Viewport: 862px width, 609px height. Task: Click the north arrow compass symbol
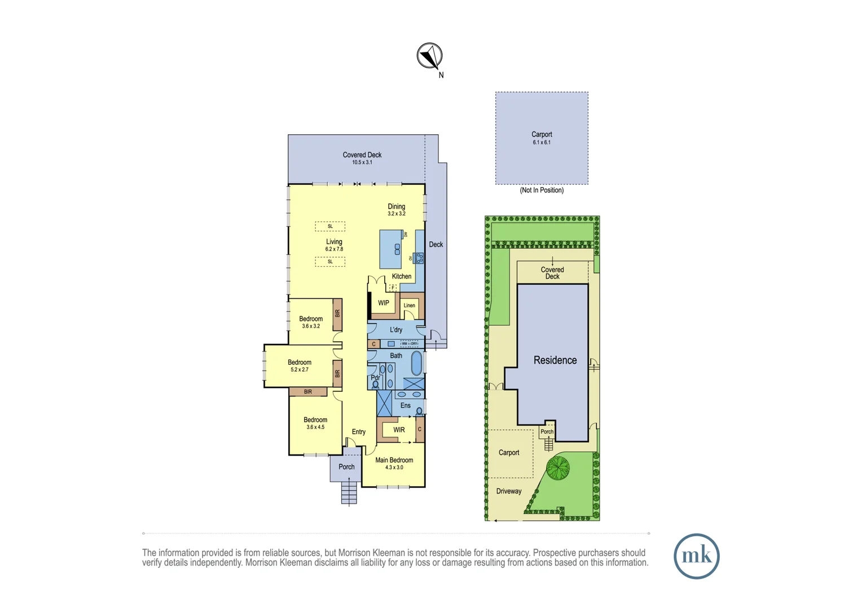tap(430, 56)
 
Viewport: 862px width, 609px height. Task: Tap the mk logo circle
tap(696, 556)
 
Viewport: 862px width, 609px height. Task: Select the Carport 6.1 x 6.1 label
tap(542, 138)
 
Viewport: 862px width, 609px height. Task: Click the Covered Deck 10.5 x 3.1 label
tap(362, 158)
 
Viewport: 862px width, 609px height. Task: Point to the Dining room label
tap(396, 209)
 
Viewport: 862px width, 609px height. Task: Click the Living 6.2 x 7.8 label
tap(334, 245)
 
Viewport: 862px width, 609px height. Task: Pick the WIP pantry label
tap(384, 303)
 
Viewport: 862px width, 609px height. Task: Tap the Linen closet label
tap(410, 306)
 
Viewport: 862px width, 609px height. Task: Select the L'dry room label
tap(396, 330)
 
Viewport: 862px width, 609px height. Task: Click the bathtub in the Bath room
tap(416, 364)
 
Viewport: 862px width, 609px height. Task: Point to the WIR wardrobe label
tap(399, 430)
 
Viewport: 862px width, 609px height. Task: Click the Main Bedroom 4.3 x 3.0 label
tap(394, 463)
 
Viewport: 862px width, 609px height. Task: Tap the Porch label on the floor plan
tap(346, 467)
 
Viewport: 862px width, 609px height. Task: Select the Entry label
tap(359, 432)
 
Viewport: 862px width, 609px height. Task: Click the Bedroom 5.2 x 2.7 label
tap(300, 365)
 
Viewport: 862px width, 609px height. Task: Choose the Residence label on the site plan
tap(555, 360)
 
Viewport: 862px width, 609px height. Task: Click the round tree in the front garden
tap(558, 468)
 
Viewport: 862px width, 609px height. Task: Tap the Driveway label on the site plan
tap(508, 491)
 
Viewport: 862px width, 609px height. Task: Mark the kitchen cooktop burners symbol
tap(419, 258)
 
